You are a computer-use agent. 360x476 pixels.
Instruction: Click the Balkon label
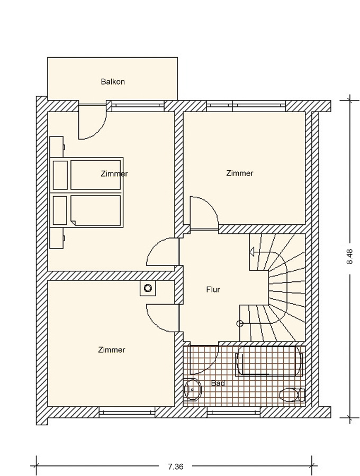coord(113,81)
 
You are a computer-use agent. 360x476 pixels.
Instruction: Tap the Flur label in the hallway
coord(213,290)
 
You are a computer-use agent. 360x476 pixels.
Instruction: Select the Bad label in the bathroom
coord(218,383)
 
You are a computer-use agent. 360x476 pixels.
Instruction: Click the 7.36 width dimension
coord(176,466)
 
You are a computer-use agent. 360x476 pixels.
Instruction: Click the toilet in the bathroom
coord(292,395)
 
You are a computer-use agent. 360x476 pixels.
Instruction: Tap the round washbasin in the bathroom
coord(193,389)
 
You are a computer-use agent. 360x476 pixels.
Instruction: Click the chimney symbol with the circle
coord(148,288)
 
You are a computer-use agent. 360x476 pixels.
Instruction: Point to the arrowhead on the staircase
coord(252,252)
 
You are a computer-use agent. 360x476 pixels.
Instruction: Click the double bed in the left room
coord(87,192)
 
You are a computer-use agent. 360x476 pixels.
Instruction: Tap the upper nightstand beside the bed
coord(57,147)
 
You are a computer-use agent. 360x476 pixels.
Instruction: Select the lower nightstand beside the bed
coord(57,238)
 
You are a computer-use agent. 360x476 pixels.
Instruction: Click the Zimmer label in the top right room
coord(240,173)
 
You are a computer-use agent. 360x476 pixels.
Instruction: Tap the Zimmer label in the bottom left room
coord(112,350)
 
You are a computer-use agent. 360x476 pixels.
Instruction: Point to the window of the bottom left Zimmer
coord(127,412)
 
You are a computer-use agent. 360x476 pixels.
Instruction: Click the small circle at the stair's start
coord(240,324)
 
